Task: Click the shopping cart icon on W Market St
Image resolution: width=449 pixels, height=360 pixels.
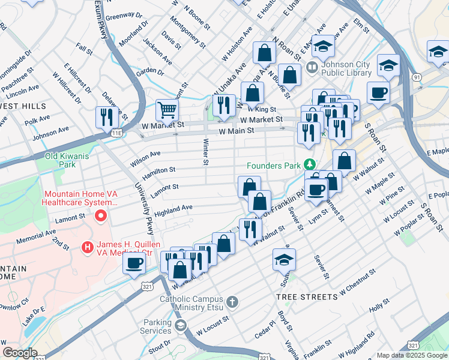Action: pyautogui.click(x=167, y=110)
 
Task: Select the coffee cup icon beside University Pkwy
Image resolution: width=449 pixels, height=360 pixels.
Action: pyautogui.click(x=134, y=262)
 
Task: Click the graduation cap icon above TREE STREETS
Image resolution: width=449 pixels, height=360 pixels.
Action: pyautogui.click(x=284, y=259)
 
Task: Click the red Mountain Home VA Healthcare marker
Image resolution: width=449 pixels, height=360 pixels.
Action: pyautogui.click(x=101, y=215)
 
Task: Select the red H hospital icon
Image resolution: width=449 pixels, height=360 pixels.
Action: pyautogui.click(x=88, y=246)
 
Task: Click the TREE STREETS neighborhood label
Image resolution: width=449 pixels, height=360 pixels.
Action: pyautogui.click(x=306, y=297)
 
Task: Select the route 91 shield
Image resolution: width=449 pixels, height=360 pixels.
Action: pyautogui.click(x=416, y=77)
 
